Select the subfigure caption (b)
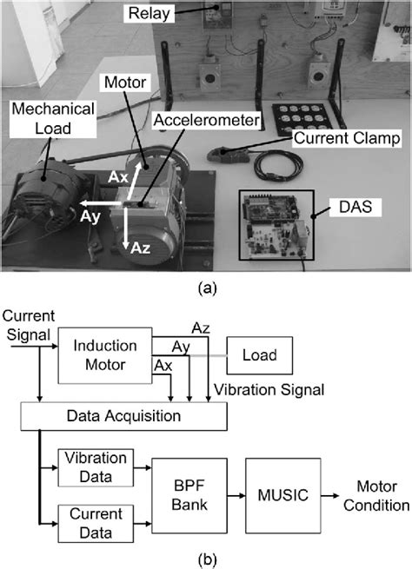tap(205, 556)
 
